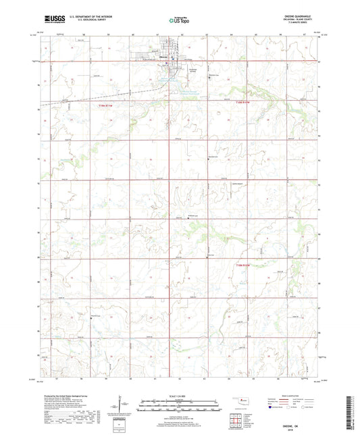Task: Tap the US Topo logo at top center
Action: point(180,21)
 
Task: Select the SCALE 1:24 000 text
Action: point(180,395)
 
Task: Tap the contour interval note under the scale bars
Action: point(180,414)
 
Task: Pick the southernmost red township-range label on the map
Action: point(242,265)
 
